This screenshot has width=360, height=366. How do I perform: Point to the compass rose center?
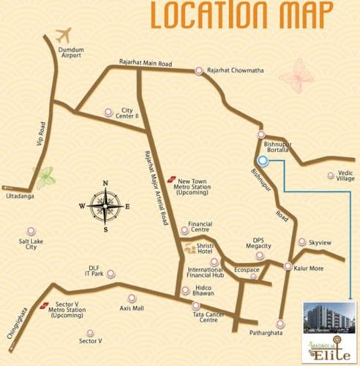[x=105, y=206]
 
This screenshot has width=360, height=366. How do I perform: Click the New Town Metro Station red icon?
[x=171, y=178]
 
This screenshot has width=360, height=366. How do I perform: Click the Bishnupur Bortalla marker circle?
[x=260, y=135]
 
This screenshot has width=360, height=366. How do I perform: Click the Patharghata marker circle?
[x=281, y=323]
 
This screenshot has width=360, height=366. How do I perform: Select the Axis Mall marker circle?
[x=132, y=297]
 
